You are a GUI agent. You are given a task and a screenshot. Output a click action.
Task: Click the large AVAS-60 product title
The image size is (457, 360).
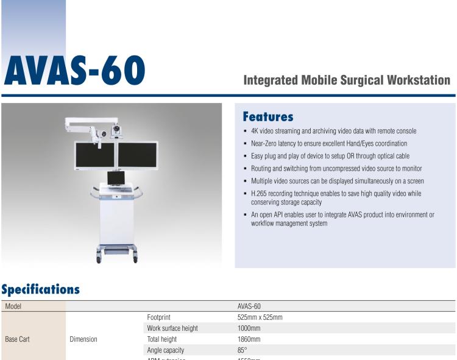(x=74, y=71)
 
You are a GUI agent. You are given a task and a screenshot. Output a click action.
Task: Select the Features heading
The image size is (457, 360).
(x=267, y=117)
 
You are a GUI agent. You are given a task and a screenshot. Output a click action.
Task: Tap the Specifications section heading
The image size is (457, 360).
(x=40, y=289)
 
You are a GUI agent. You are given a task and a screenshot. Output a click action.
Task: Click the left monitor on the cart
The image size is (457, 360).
(x=94, y=155)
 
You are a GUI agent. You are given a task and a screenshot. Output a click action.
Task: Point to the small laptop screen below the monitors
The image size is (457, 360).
(x=116, y=178)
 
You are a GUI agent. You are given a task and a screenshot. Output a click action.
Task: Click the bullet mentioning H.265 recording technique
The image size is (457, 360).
(x=336, y=194)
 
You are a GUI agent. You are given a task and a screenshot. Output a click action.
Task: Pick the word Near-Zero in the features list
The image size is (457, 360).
(x=265, y=143)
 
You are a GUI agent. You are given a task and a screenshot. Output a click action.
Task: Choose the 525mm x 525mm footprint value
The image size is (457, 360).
(x=260, y=317)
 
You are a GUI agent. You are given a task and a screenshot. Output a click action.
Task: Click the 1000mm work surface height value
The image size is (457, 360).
(x=249, y=328)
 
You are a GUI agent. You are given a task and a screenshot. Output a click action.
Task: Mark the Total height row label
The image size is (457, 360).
(x=161, y=339)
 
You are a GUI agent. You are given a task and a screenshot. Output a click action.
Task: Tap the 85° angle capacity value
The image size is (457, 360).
(x=242, y=350)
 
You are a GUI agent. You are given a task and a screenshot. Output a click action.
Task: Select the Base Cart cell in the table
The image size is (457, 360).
(x=17, y=339)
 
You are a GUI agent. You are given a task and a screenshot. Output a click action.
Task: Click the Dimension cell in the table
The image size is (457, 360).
(x=83, y=339)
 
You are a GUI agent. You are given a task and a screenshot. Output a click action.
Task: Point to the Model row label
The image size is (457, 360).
(x=13, y=306)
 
